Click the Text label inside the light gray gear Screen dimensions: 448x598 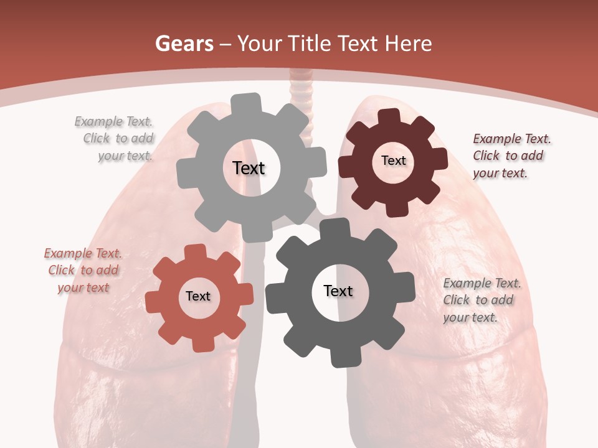(249, 168)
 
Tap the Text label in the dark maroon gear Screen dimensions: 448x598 (393, 161)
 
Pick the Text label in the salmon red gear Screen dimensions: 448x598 (198, 296)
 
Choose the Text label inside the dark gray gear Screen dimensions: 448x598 (338, 291)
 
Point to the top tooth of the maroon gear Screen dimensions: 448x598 (389, 117)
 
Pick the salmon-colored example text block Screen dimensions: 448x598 (82, 270)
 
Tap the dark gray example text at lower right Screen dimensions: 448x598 (481, 300)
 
